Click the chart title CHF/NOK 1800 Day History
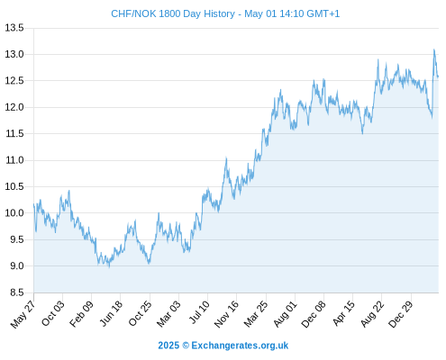coord(173,13)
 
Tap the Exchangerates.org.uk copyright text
coord(223,346)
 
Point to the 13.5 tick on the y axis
coord(14,28)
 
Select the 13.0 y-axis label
coord(14,54)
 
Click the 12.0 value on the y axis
coord(14,107)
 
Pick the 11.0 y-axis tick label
coord(14,160)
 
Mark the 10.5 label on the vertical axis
coord(14,186)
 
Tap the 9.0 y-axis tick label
coord(17,266)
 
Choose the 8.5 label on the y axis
coord(17,292)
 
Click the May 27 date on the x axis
coord(23,313)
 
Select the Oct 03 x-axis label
coord(53,313)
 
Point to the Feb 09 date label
coord(82,313)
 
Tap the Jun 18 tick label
coord(112,313)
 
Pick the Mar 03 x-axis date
coord(169,313)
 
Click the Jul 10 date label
coord(199,312)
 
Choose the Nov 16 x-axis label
coord(227,313)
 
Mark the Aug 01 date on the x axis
coord(286,313)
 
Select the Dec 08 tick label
coord(314,313)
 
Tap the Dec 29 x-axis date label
coord(401,313)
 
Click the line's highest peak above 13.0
coord(433,49)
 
